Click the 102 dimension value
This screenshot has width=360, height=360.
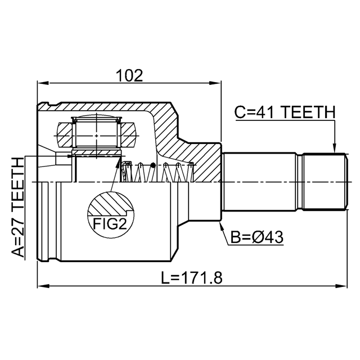coord(129,75)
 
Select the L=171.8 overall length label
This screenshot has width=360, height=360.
coord(192,278)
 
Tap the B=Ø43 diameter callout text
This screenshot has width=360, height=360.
coord(257,237)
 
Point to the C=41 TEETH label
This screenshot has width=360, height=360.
coord(285,112)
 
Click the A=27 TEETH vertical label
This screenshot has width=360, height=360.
coord(17,207)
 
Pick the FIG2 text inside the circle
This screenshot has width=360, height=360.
coord(110,224)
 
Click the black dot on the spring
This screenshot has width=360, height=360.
coord(153,165)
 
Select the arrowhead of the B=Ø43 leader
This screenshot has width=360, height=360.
coord(221,226)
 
